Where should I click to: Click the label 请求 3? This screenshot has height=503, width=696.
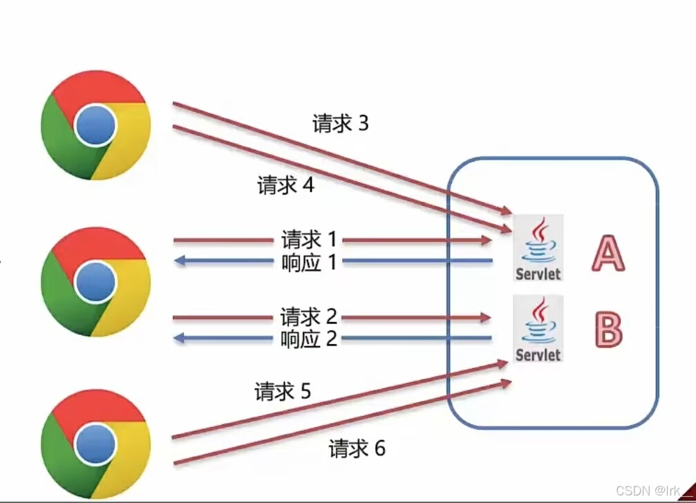(341, 124)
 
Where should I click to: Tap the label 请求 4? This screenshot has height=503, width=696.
(285, 185)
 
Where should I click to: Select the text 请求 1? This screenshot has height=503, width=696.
(309, 240)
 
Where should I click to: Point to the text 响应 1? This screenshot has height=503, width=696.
(309, 262)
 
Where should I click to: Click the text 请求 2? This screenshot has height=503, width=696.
(309, 317)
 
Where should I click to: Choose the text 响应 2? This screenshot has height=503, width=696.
(309, 339)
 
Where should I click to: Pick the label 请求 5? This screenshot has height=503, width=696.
(283, 392)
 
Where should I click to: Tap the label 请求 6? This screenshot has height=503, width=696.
(357, 448)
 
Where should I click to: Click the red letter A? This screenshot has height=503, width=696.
(608, 253)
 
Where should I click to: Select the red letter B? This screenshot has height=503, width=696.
(608, 330)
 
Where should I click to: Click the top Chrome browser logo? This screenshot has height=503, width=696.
(95, 125)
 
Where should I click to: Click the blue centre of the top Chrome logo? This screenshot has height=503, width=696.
(95, 125)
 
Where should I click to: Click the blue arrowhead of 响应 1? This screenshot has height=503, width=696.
(180, 261)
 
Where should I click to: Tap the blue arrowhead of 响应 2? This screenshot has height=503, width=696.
(180, 339)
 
